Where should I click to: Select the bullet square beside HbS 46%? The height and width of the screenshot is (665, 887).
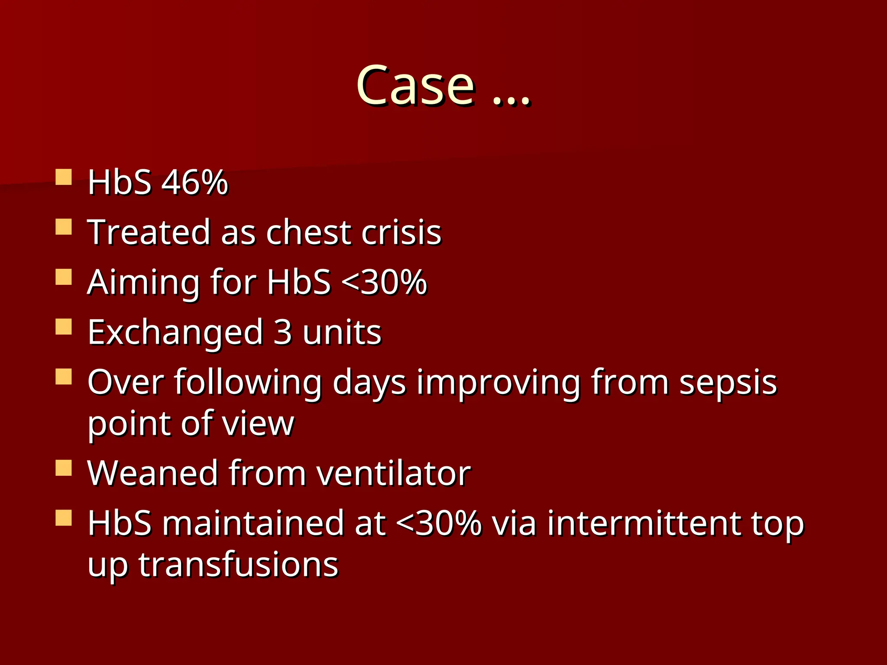[x=64, y=177]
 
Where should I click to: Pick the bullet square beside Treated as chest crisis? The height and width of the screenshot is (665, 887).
[x=64, y=227]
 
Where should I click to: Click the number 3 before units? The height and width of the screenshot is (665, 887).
[x=282, y=332]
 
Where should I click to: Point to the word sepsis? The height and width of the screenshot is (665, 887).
[x=728, y=383]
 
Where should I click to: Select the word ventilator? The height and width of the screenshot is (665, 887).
[x=393, y=473]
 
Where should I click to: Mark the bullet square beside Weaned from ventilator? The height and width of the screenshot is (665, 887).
[x=64, y=468]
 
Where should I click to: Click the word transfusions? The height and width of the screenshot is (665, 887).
[x=238, y=565]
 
